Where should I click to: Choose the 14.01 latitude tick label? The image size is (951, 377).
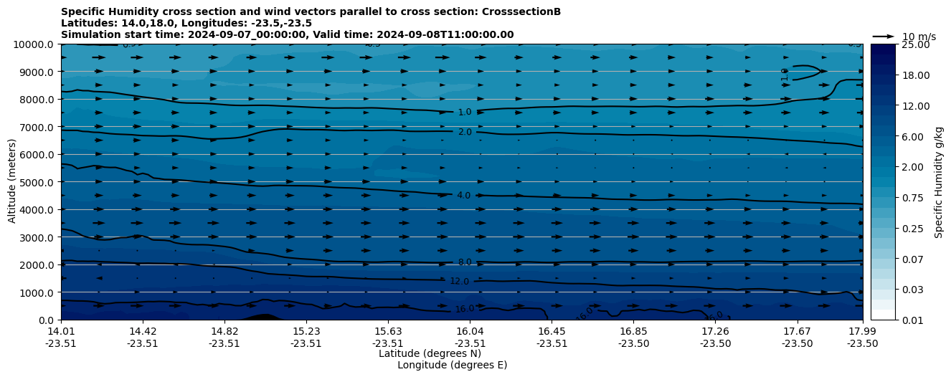pyautogui.click(x=61, y=332)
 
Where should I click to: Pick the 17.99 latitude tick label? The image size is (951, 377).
pyautogui.click(x=862, y=332)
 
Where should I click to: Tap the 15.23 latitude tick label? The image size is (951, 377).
pyautogui.click(x=306, y=332)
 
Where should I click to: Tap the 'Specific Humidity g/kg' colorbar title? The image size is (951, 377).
pyautogui.click(x=939, y=182)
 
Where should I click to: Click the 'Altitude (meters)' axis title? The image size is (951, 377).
pyautogui.click(x=12, y=182)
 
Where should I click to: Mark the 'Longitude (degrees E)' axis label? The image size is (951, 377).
pyautogui.click(x=452, y=365)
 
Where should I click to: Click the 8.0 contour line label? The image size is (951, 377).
pyautogui.click(x=465, y=262)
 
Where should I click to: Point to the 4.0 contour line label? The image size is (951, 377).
pyautogui.click(x=464, y=196)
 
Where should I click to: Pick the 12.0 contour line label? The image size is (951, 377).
pyautogui.click(x=459, y=282)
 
